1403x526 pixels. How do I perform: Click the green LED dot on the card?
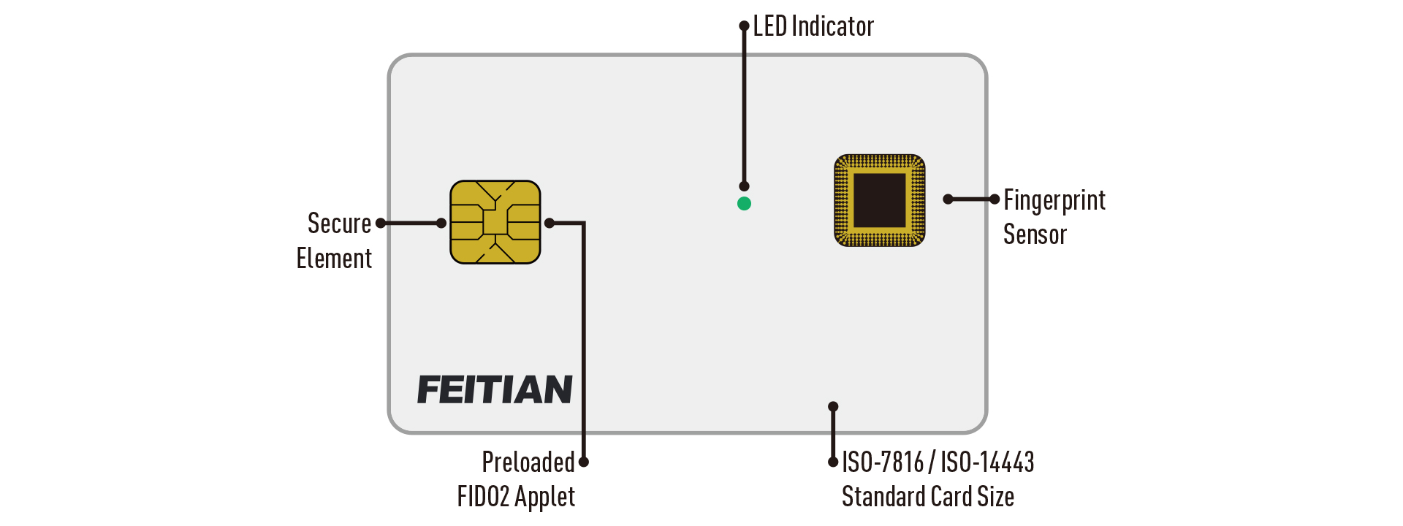744,204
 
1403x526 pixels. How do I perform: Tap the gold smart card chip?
495,222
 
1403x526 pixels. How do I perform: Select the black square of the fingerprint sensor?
880,200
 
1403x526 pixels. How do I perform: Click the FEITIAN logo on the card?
495,389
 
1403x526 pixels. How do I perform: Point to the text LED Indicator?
813,27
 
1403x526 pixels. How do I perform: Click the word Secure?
339,224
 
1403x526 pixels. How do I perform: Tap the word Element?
334,259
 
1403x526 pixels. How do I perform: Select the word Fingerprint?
1054,200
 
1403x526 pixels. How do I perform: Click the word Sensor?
1035,235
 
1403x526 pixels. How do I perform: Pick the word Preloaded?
528,462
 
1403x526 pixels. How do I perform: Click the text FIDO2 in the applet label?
483,497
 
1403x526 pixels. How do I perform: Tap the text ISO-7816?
883,462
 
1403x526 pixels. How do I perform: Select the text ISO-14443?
986,462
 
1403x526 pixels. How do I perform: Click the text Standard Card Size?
927,497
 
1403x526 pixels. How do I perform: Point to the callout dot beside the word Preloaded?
584,462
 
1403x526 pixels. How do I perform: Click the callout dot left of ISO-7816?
833,462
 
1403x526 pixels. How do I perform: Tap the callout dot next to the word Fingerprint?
994,199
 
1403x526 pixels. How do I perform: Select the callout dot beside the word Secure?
381,223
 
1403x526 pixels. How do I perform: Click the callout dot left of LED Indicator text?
745,26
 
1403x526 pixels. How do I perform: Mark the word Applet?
544,497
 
